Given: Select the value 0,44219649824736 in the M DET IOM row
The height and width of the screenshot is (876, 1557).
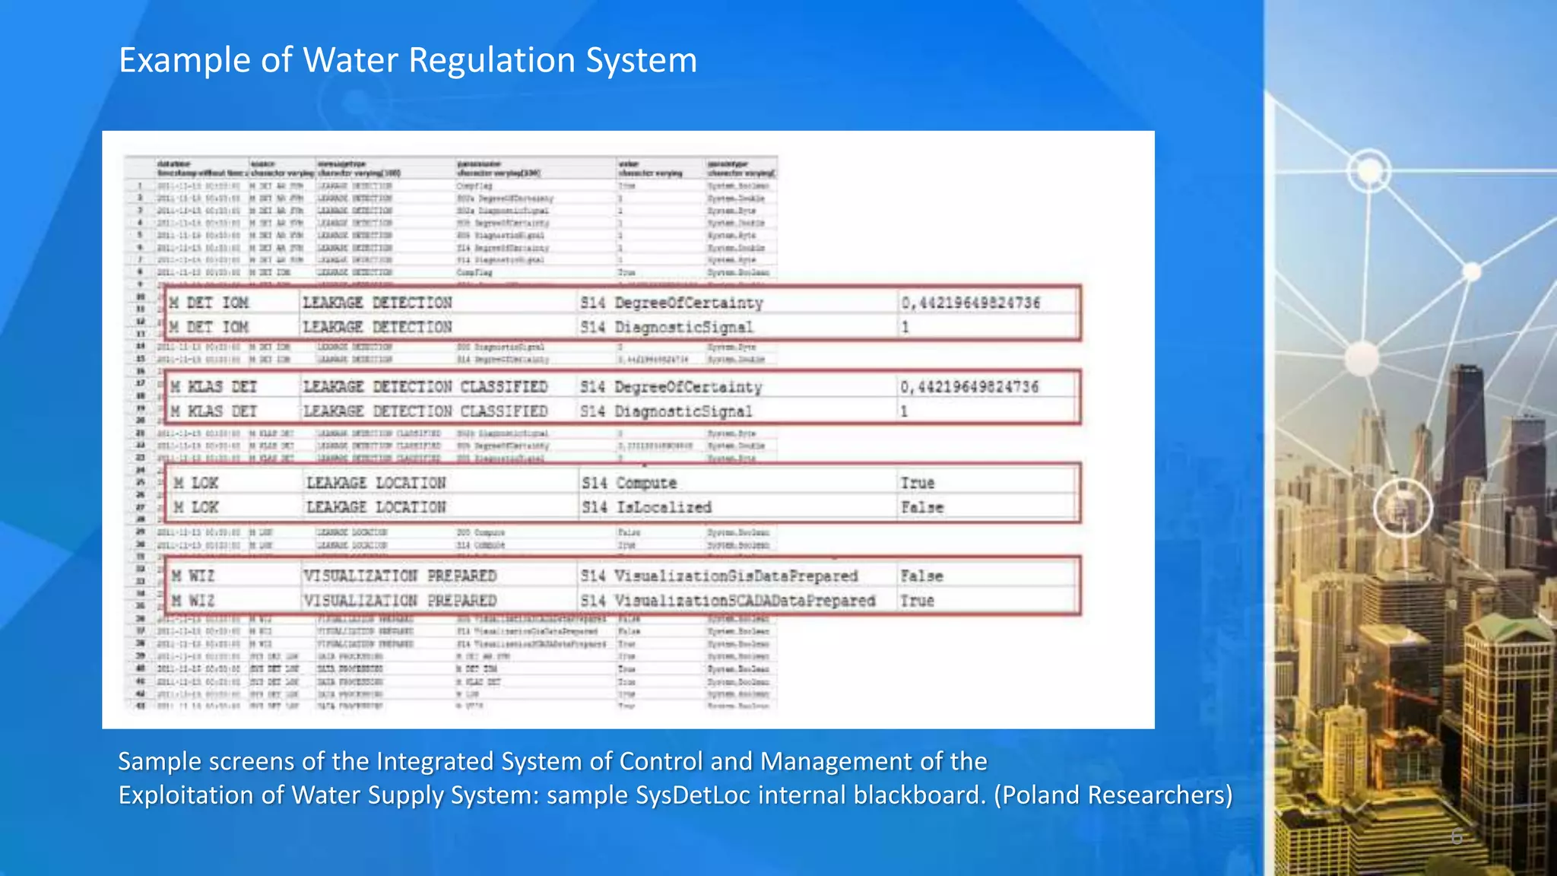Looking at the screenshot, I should (970, 303).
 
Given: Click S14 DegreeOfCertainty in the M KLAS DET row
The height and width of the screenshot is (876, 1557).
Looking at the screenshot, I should (671, 387).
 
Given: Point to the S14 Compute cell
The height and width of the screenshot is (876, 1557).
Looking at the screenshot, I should (629, 483).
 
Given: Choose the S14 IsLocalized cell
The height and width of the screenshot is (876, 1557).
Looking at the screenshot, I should (646, 507).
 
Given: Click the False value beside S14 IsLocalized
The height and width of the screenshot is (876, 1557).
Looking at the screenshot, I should (921, 507).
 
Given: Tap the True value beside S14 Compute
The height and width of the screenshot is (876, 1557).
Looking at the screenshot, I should (918, 483).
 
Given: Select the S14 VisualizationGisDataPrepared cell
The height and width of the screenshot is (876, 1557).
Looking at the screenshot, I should (718, 576).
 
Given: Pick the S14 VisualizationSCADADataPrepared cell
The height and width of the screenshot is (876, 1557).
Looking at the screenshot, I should (728, 601).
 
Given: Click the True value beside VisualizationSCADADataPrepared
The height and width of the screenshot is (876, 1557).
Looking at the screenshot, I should (917, 601).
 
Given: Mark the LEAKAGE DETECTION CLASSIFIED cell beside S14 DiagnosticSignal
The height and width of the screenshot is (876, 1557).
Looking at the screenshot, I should (425, 411).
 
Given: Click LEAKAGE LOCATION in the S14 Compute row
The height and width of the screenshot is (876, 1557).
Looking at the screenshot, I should (376, 483).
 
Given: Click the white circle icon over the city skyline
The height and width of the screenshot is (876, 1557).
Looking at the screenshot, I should (1403, 508).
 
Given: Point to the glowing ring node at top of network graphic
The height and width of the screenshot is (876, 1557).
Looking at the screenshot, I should (1369, 170).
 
